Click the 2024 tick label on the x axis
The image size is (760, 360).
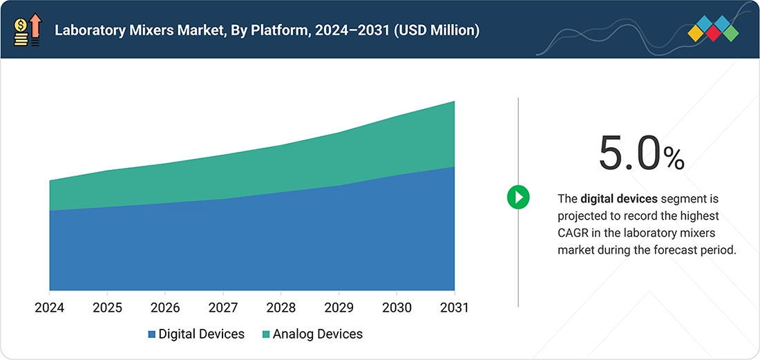coord(50,307)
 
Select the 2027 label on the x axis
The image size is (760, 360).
coord(223,307)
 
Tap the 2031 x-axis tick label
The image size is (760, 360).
coord(454,307)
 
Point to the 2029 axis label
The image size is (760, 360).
coord(339,307)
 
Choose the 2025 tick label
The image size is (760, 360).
coord(107,307)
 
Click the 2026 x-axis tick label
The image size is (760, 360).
coord(165,307)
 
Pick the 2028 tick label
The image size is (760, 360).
coord(281,307)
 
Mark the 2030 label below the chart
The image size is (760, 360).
coord(397,307)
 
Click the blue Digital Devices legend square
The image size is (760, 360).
coord(152,334)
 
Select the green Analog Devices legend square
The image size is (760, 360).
coord(266,334)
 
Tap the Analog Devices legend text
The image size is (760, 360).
coord(318,334)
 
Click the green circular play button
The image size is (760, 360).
coord(518,197)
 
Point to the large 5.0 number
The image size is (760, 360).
coord(629,153)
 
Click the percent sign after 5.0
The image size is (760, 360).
coord(674,159)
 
